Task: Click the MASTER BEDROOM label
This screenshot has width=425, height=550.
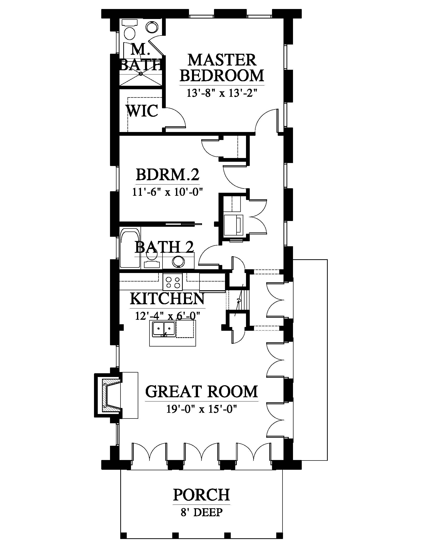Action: point(222,68)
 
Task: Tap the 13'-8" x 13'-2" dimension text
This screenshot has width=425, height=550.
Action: point(222,93)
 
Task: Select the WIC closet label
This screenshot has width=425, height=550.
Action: point(142,111)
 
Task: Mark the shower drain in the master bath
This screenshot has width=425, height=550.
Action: point(141,73)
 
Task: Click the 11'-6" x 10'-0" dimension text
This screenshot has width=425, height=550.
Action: point(168,192)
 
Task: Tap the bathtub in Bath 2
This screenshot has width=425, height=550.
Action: point(130,248)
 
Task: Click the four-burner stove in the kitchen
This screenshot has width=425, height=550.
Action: point(173,282)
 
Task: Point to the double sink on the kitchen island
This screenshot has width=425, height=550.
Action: point(164,329)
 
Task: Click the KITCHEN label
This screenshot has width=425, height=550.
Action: point(167,299)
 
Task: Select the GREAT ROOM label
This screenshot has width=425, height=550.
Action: point(202,391)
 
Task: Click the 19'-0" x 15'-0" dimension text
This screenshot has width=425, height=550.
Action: point(202,409)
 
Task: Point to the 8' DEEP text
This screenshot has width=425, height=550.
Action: point(202,512)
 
